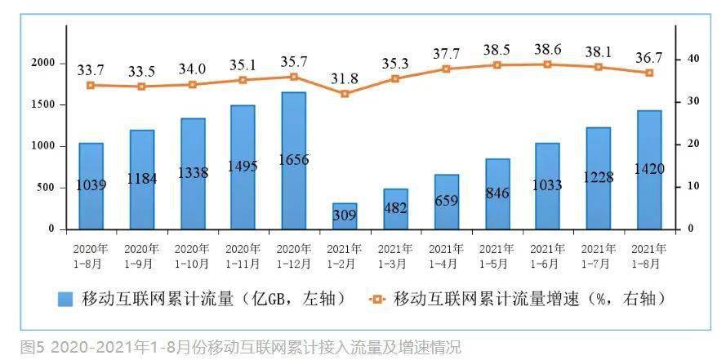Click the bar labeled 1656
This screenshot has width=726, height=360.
(x=293, y=161)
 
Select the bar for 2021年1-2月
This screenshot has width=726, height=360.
(x=345, y=216)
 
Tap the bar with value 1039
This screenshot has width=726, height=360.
(x=91, y=186)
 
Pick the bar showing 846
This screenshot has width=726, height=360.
(x=497, y=194)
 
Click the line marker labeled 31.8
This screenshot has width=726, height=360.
(x=345, y=94)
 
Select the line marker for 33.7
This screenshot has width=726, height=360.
(x=91, y=85)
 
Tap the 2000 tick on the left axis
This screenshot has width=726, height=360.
(x=42, y=63)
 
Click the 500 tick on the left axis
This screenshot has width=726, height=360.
(x=46, y=188)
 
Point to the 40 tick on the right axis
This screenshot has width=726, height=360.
(x=692, y=59)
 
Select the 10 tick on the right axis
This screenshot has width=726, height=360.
(x=692, y=186)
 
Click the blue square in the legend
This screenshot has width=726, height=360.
(x=65, y=299)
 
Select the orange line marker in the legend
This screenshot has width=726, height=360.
(x=376, y=299)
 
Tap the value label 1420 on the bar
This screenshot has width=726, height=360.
(x=649, y=169)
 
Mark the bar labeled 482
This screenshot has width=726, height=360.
(x=395, y=209)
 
